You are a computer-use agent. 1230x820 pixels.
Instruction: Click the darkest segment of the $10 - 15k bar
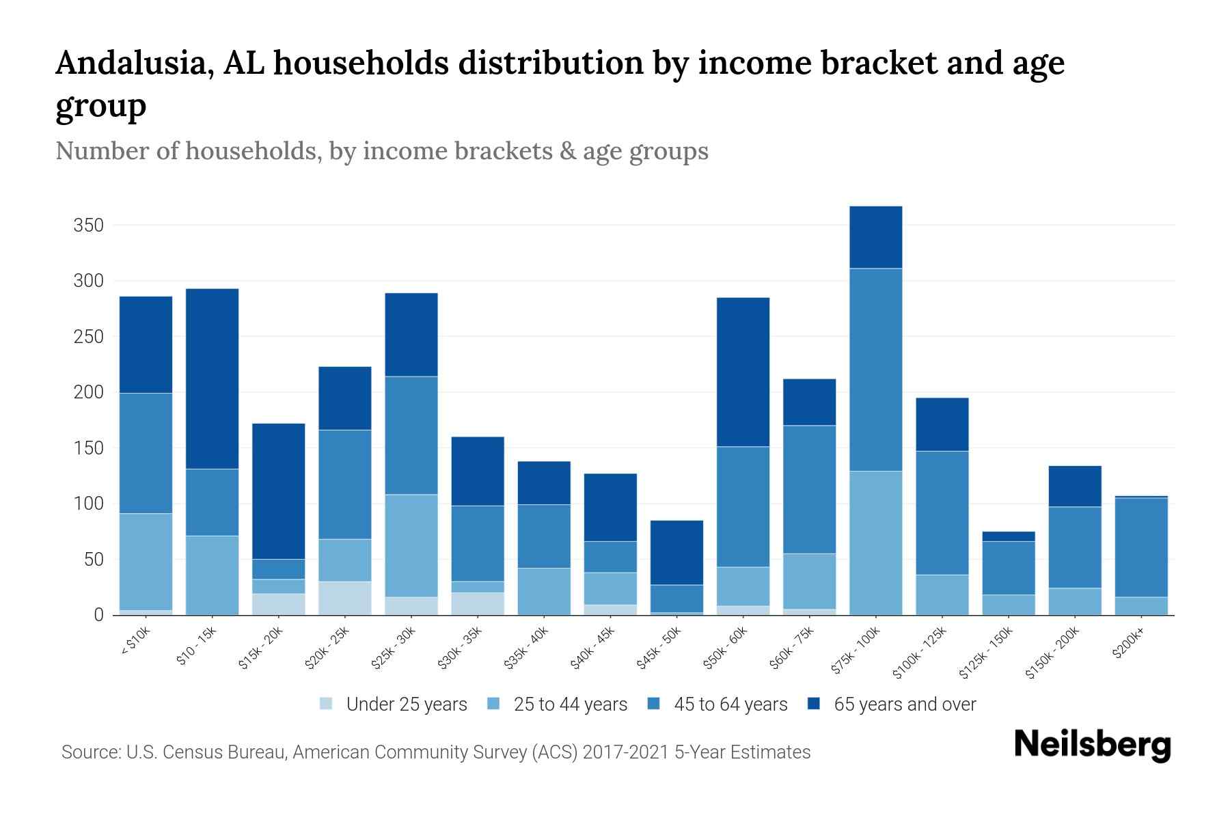(x=213, y=379)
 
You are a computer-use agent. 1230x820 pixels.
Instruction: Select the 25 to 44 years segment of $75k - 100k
(x=875, y=543)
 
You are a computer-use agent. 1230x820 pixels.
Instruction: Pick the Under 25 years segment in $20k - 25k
(x=345, y=598)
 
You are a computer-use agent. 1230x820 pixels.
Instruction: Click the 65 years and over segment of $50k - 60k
(x=743, y=372)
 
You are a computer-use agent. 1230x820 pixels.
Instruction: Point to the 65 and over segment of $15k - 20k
(x=279, y=491)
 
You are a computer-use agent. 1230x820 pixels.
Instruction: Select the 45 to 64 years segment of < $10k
(x=146, y=452)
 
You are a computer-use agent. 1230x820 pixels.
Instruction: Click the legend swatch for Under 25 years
(x=327, y=704)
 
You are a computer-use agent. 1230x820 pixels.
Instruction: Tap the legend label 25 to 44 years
(x=570, y=704)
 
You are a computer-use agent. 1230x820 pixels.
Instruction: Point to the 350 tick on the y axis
(x=88, y=225)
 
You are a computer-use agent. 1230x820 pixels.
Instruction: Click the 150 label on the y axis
(x=88, y=448)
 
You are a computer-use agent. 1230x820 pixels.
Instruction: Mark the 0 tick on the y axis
(x=98, y=615)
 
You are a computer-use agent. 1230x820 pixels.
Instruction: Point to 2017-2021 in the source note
(x=625, y=752)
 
